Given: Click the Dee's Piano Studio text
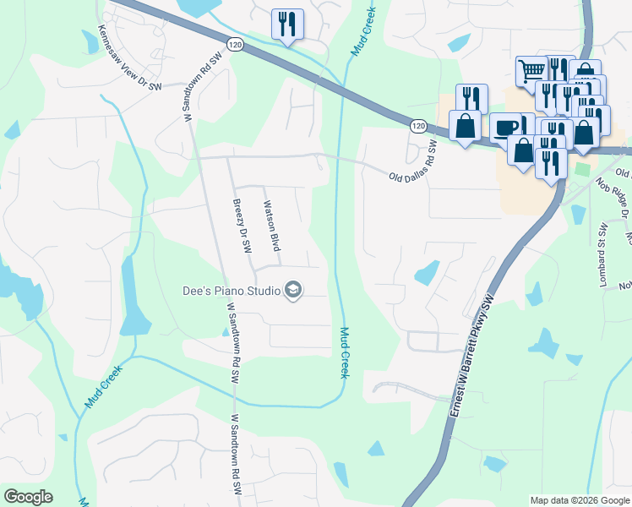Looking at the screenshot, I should [232, 291].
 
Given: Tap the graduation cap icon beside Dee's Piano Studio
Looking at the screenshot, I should [292, 291].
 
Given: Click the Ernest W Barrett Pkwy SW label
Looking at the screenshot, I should [474, 364].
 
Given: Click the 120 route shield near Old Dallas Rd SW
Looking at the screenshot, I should [418, 125].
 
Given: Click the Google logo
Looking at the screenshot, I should [28, 497].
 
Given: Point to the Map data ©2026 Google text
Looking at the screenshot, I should [580, 500].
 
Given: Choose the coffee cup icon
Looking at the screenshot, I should [505, 127].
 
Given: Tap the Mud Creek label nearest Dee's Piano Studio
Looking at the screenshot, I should [345, 352].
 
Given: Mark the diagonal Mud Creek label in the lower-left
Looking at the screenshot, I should [104, 386].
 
